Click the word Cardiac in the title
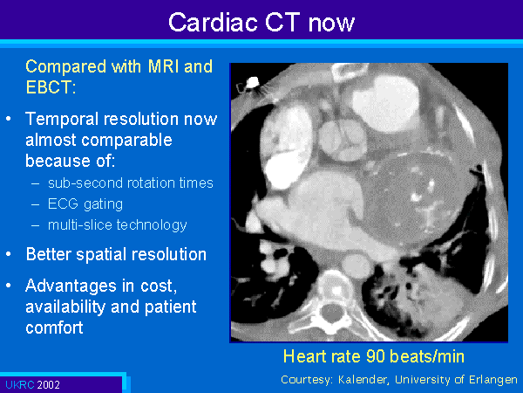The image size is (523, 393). (213, 23)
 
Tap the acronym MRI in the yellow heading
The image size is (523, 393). (164, 66)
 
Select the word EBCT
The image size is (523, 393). (49, 87)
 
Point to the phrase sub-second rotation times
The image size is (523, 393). (131, 183)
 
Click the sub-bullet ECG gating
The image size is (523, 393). (85, 204)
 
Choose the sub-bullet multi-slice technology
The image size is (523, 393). (118, 225)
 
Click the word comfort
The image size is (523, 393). (54, 327)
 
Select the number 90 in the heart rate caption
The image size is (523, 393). (375, 356)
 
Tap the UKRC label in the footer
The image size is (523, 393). (20, 385)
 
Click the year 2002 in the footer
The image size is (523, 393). (49, 385)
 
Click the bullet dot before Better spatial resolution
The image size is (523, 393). (9, 254)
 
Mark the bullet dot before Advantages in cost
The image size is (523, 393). (9, 286)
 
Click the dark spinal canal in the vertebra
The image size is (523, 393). (331, 313)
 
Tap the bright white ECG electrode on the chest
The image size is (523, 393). (253, 82)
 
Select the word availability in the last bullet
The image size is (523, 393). (82, 307)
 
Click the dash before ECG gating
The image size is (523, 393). (36, 204)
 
